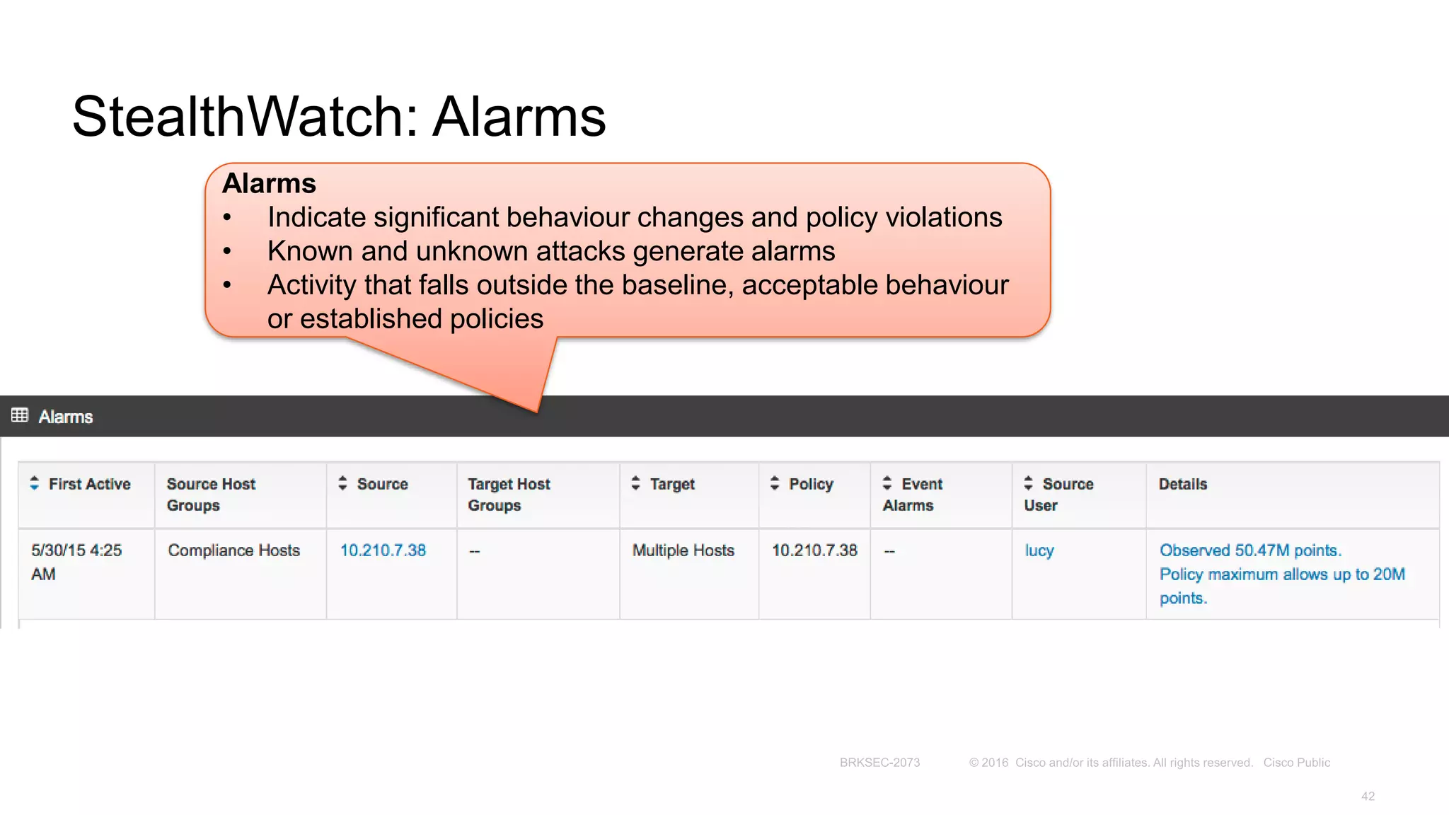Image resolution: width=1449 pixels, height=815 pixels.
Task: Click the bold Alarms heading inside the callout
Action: pyautogui.click(x=269, y=183)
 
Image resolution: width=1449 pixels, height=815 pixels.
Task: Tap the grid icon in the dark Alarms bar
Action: pyautogui.click(x=20, y=415)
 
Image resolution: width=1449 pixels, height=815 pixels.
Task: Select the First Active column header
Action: pyautogui.click(x=89, y=484)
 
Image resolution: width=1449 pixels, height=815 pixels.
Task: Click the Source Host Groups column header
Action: pyautogui.click(x=211, y=494)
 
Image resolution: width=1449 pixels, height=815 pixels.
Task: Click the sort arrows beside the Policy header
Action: pyautogui.click(x=775, y=483)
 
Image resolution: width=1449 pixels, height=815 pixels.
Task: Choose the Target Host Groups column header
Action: pyautogui.click(x=509, y=494)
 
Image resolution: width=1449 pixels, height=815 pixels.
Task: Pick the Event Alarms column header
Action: pyautogui.click(x=913, y=494)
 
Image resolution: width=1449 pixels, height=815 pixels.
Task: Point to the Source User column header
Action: pyautogui.click(x=1058, y=494)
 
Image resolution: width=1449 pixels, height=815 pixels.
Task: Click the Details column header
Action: pyautogui.click(x=1182, y=484)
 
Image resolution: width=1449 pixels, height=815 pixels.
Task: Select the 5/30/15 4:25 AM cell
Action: pyautogui.click(x=76, y=562)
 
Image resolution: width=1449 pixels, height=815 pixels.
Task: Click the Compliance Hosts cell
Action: pyautogui.click(x=233, y=550)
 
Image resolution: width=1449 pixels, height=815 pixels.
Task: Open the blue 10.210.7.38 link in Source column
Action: pyautogui.click(x=383, y=550)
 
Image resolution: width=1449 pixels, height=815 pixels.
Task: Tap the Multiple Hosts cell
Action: pyautogui.click(x=683, y=550)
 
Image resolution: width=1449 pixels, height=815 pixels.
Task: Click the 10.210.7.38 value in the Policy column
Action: pyautogui.click(x=814, y=550)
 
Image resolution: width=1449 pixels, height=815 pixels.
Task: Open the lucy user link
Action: pyautogui.click(x=1039, y=550)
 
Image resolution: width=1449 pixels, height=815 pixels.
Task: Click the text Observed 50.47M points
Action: pyautogui.click(x=1249, y=550)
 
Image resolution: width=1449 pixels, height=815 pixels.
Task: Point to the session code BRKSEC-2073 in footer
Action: pyautogui.click(x=879, y=763)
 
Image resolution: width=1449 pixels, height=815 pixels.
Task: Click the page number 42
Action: pyautogui.click(x=1368, y=797)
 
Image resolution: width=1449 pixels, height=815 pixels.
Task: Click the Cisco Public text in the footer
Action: pyautogui.click(x=1296, y=763)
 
